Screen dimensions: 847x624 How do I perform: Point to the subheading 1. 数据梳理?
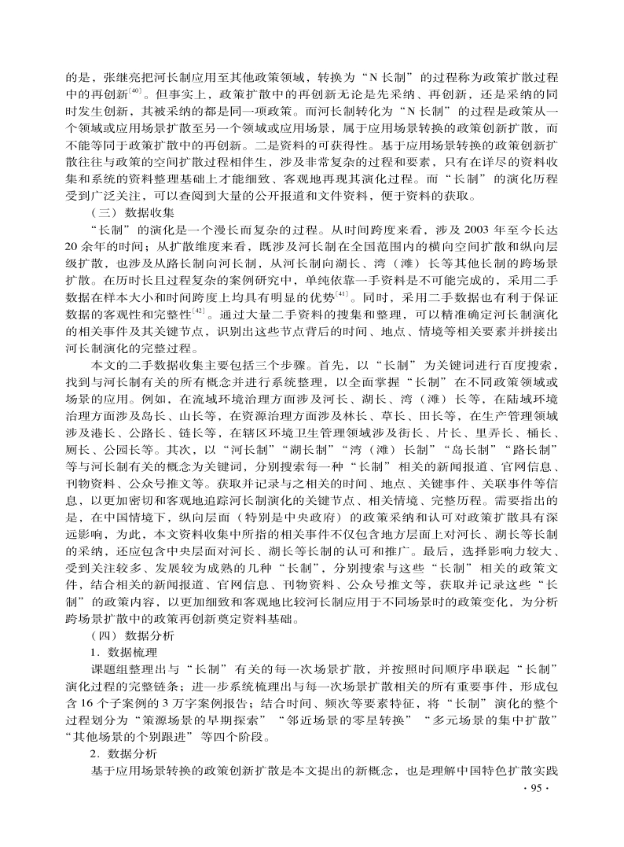(x=123, y=652)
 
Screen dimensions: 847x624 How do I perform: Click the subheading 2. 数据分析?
(x=123, y=753)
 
